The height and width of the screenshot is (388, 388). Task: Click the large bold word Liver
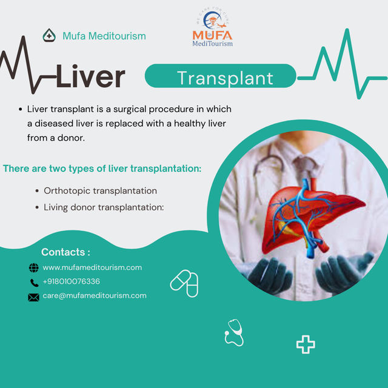pyautogui.click(x=91, y=77)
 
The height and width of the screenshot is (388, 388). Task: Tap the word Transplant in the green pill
pyautogui.click(x=225, y=78)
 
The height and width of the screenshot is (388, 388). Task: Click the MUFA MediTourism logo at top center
pyautogui.click(x=212, y=29)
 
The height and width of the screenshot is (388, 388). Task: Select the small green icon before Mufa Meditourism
pyautogui.click(x=49, y=36)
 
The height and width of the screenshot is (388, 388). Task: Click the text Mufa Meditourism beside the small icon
pyautogui.click(x=104, y=36)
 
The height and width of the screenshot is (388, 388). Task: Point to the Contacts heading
pyautogui.click(x=65, y=252)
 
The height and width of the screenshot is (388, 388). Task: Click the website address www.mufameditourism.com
pyautogui.click(x=92, y=267)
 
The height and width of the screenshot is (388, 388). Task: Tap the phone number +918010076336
pyautogui.click(x=72, y=282)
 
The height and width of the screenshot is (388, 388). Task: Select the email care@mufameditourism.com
pyautogui.click(x=95, y=296)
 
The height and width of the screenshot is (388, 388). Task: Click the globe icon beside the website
pyautogui.click(x=34, y=268)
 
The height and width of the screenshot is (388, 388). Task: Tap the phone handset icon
pyautogui.click(x=34, y=283)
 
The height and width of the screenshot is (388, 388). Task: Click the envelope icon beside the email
pyautogui.click(x=34, y=297)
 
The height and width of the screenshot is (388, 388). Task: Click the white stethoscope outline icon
pyautogui.click(x=234, y=333)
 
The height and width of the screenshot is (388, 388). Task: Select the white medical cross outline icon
pyautogui.click(x=306, y=345)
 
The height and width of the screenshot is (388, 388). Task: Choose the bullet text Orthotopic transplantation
pyautogui.click(x=100, y=190)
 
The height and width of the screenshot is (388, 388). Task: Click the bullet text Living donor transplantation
pyautogui.click(x=104, y=207)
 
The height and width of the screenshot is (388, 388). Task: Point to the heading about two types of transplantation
pyautogui.click(x=102, y=169)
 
